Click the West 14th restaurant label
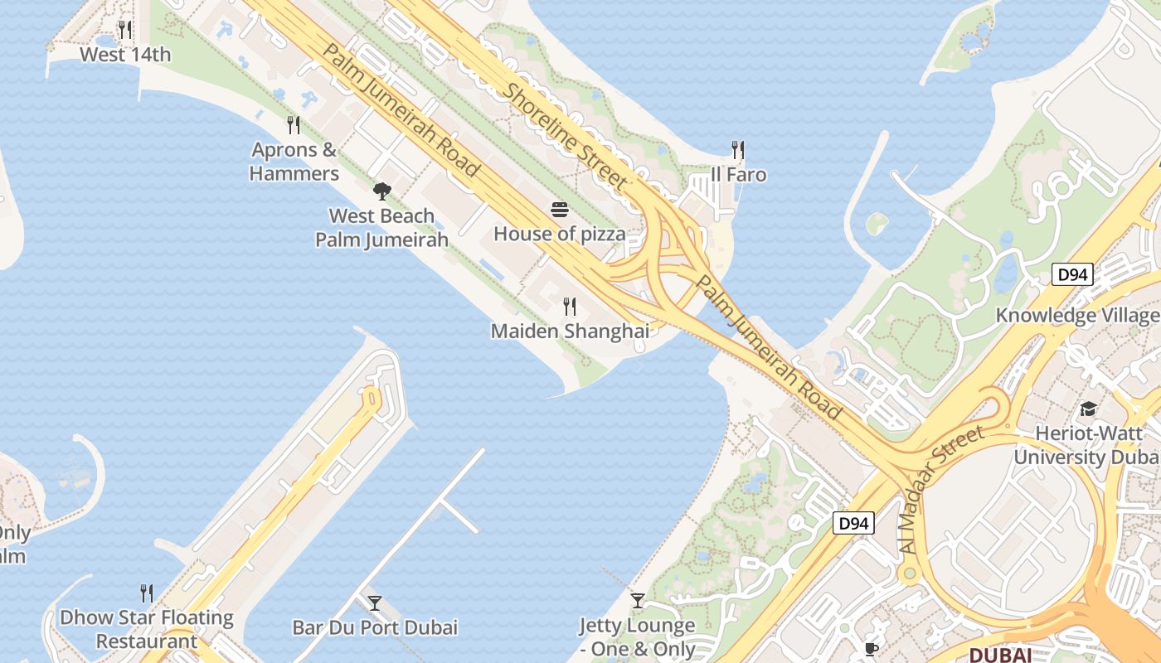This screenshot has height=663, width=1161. pyautogui.click(x=125, y=55)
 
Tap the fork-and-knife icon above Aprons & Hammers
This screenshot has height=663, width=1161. pyautogui.click(x=294, y=125)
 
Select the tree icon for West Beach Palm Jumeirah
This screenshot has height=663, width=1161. pyautogui.click(x=381, y=192)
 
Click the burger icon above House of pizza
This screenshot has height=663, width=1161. pyautogui.click(x=560, y=210)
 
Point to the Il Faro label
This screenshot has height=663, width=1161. pyautogui.click(x=738, y=175)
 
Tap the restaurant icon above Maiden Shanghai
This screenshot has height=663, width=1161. pyautogui.click(x=570, y=307)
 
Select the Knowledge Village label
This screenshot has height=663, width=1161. pyautogui.click(x=1077, y=315)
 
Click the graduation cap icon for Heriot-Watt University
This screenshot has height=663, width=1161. pyautogui.click(x=1087, y=409)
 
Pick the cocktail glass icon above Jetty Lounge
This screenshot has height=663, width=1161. pyautogui.click(x=638, y=601)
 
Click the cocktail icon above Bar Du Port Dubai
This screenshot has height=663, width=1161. pyautogui.click(x=375, y=603)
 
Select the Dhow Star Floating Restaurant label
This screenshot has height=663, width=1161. pyautogui.click(x=147, y=629)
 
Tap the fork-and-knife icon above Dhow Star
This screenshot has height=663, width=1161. pyautogui.click(x=147, y=593)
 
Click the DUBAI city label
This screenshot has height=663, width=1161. pyautogui.click(x=1000, y=655)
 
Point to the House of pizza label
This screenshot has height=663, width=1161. pyautogui.click(x=560, y=234)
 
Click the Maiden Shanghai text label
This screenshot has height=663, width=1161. pyautogui.click(x=570, y=331)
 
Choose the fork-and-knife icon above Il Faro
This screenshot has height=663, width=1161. pyautogui.click(x=738, y=150)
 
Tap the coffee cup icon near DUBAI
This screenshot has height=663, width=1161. pyautogui.click(x=871, y=649)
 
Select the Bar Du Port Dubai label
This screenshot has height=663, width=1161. pyautogui.click(x=375, y=627)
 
